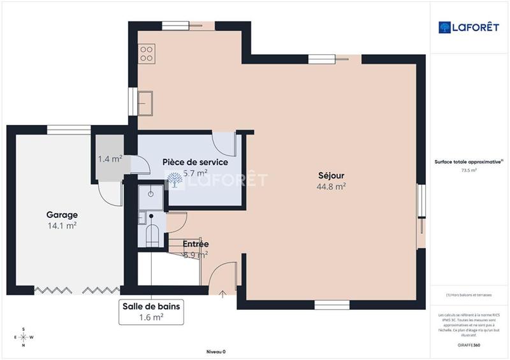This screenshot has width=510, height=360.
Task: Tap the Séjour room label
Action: tap(331, 176)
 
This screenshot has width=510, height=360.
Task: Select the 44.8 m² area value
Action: tap(331, 187)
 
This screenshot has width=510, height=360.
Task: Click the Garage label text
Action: tap(62, 215)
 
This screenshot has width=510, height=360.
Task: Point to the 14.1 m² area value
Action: tap(62, 225)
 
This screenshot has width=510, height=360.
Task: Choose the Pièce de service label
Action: tap(195, 162)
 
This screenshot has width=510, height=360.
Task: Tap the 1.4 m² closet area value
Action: tap(110, 159)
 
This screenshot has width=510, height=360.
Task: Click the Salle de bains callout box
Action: tap(152, 312)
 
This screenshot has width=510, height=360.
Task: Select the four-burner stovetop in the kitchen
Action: tap(147, 53)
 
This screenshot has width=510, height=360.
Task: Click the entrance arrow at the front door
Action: tap(222, 293)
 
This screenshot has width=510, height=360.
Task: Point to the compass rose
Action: tap(24, 337)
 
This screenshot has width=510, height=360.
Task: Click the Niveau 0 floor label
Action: tap(216, 352)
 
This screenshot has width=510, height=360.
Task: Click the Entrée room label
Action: tap(196, 244)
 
